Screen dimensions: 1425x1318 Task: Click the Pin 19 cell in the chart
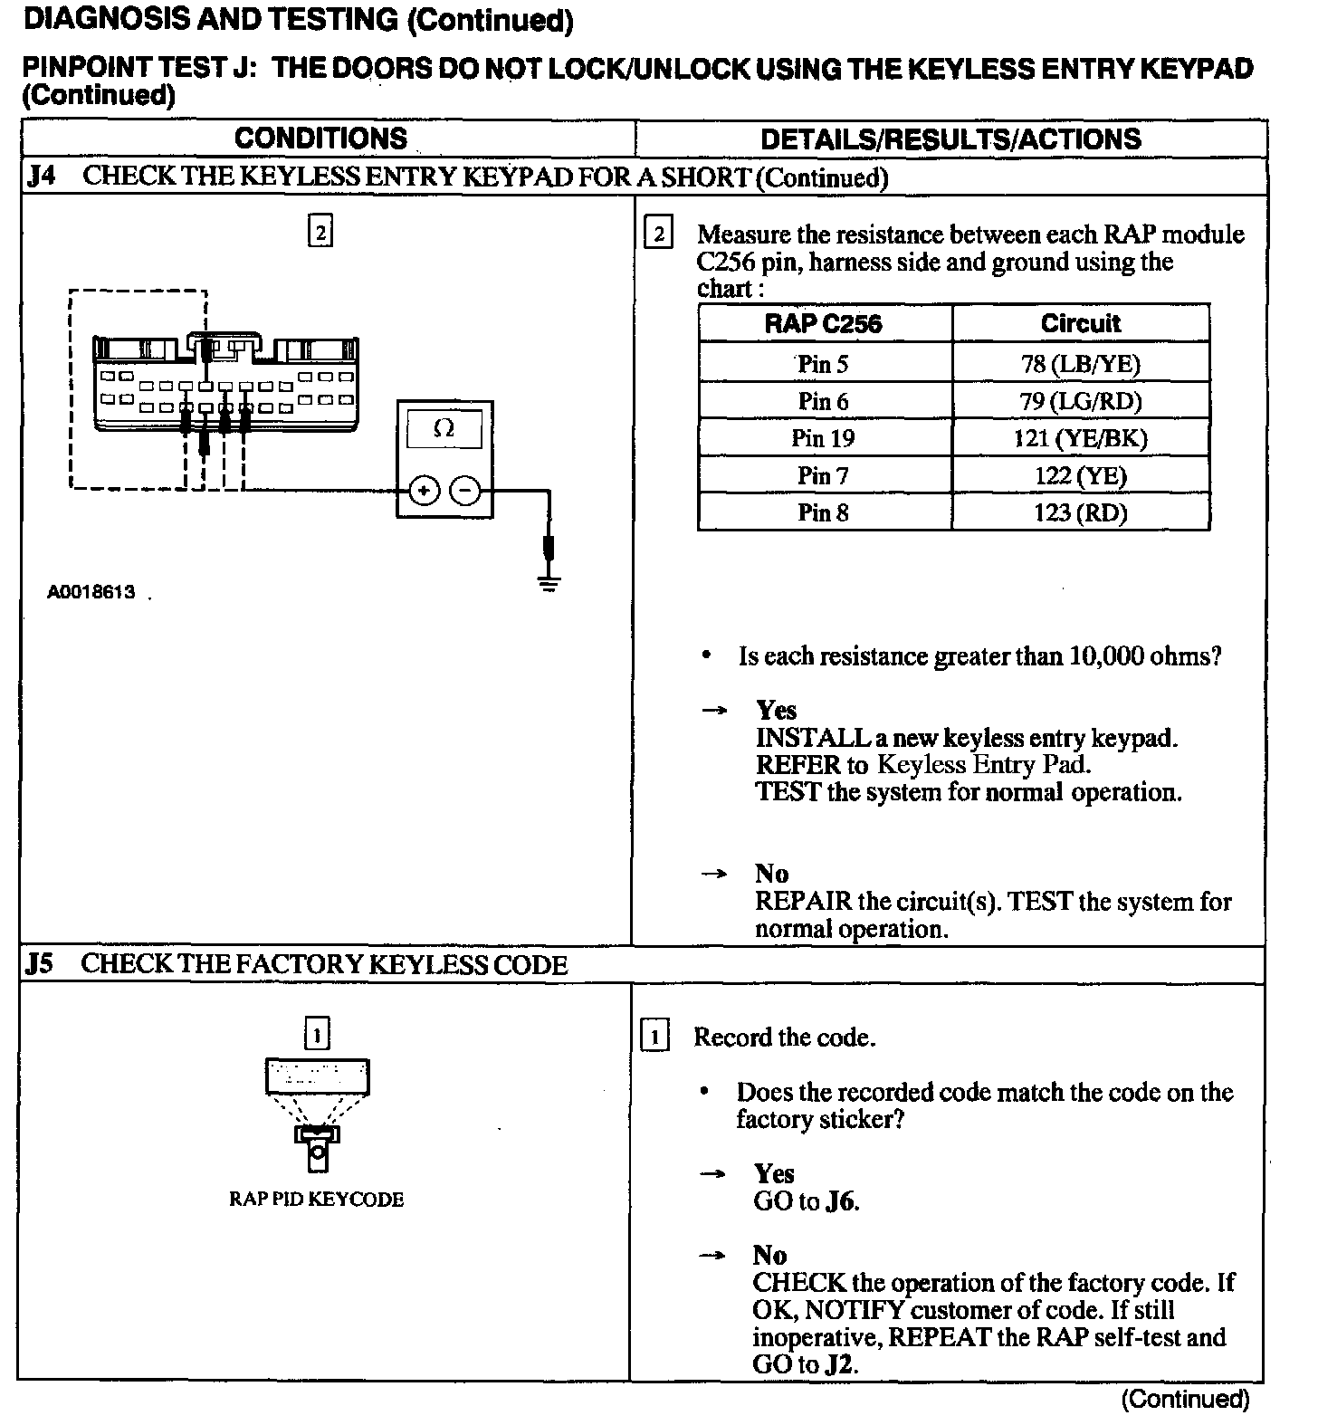(x=823, y=438)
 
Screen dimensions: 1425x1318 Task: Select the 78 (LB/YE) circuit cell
(x=1080, y=364)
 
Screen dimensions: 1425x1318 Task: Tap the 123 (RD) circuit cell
(x=1080, y=513)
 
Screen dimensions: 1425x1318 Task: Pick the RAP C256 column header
(x=823, y=323)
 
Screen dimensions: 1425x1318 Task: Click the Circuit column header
(x=1080, y=323)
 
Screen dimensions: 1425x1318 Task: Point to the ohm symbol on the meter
(x=444, y=428)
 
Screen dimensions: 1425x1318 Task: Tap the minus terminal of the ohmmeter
(x=465, y=491)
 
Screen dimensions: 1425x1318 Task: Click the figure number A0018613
(x=91, y=592)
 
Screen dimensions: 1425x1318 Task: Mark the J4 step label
(x=41, y=176)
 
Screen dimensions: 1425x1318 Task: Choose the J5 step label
(x=40, y=964)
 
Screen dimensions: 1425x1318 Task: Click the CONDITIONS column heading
(x=320, y=139)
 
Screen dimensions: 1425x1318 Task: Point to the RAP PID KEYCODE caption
(x=316, y=1199)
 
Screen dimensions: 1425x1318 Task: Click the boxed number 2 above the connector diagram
(x=320, y=232)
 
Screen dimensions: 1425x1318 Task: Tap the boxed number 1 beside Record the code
(x=654, y=1036)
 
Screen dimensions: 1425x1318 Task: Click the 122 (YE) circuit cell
(x=1080, y=476)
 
